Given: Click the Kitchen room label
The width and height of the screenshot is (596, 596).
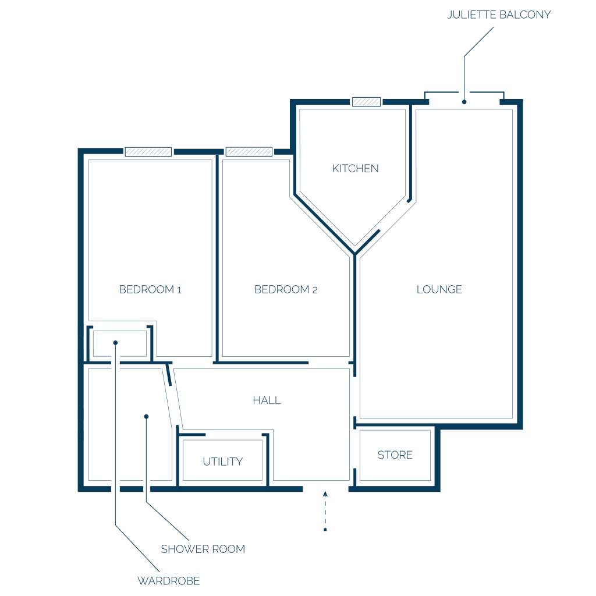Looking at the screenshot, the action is [356, 168].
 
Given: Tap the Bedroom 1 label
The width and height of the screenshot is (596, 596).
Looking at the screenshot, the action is [150, 290].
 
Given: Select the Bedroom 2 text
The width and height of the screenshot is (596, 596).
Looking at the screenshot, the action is [286, 290].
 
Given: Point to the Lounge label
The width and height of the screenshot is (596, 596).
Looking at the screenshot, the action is [439, 290].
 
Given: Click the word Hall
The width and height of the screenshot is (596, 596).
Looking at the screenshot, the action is [267, 400].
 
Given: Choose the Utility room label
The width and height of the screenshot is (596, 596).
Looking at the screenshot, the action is [223, 462].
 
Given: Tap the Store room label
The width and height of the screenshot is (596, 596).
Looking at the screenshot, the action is [395, 455].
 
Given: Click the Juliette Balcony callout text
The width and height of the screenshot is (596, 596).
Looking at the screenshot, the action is [499, 15].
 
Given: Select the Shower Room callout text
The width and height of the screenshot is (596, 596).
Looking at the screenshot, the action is [203, 549].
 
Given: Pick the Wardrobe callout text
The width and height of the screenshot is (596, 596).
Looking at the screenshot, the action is [168, 581].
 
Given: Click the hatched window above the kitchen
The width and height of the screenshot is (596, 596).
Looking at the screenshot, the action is [367, 101].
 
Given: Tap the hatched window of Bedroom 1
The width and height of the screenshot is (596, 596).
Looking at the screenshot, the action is [148, 152].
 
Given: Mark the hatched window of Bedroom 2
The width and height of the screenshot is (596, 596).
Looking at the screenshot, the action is [249, 152].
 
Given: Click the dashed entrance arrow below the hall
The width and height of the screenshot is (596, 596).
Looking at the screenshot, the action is [325, 511].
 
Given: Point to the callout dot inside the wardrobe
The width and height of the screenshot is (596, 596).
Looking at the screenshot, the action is [116, 343].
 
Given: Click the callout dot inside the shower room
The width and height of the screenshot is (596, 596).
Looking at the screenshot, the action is [146, 417].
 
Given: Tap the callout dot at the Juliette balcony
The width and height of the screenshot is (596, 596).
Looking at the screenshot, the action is [464, 102].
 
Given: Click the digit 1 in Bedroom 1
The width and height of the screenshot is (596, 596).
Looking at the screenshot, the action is [179, 290].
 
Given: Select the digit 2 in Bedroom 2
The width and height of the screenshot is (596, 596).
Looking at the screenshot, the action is [315, 290].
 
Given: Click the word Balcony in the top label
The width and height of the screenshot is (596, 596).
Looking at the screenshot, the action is [525, 15].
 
